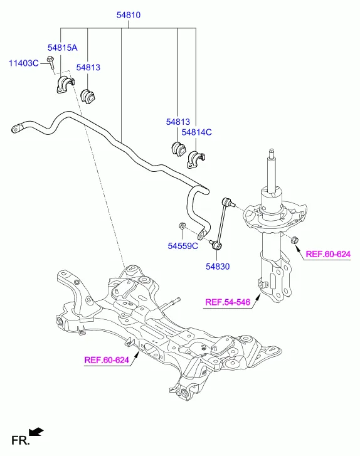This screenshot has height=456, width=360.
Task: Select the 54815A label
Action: pyautogui.click(x=62, y=48)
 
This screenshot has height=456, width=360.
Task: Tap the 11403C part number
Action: pyautogui.click(x=23, y=62)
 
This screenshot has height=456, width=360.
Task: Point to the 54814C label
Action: pyautogui.click(x=197, y=132)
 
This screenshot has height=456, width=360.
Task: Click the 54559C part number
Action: pyautogui.click(x=183, y=246)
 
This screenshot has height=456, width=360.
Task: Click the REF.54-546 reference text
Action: pyautogui.click(x=228, y=304)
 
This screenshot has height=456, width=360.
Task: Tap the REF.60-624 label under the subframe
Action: pyautogui.click(x=107, y=360)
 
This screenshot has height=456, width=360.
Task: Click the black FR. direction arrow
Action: pyautogui.click(x=36, y=432)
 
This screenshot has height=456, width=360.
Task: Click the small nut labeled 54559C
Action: pyautogui.click(x=181, y=226)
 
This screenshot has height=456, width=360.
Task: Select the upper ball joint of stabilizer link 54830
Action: pyautogui.click(x=228, y=202)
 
